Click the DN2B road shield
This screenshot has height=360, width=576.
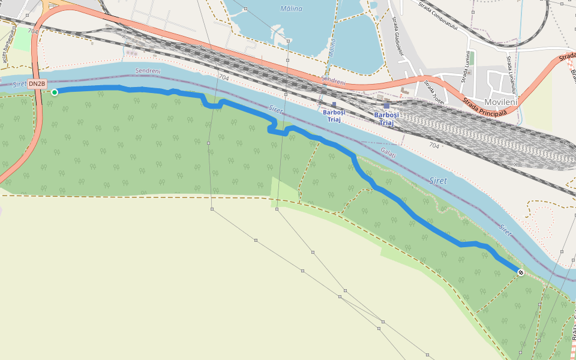click(x=37, y=84)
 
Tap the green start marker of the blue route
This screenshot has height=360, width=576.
click(x=55, y=92)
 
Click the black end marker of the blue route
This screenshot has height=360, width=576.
click(x=521, y=273)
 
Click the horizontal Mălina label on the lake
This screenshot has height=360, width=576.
click(x=291, y=8)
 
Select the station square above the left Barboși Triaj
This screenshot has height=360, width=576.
click(x=334, y=104)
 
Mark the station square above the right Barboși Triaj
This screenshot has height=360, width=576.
click(x=386, y=105)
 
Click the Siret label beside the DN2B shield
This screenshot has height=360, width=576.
click(x=19, y=84)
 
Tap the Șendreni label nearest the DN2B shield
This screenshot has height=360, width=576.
click(x=148, y=71)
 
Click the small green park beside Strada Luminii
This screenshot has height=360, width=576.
click(x=472, y=58)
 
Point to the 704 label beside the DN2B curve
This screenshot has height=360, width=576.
click(x=33, y=31)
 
